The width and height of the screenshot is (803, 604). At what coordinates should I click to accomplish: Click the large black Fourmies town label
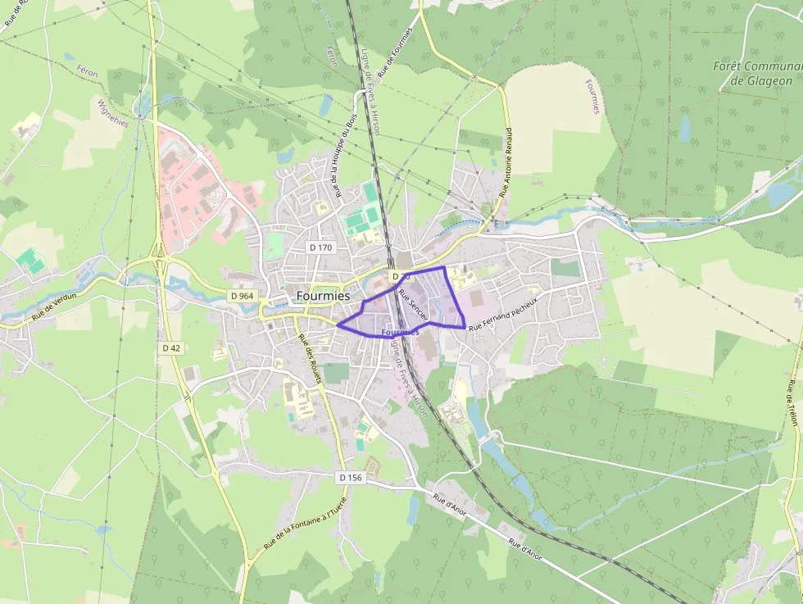(x=323, y=296)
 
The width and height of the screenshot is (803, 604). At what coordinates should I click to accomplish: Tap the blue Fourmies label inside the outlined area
(x=400, y=332)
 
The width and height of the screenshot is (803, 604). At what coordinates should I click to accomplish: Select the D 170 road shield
(x=321, y=247)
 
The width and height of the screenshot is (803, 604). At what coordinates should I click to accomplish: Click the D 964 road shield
(x=243, y=296)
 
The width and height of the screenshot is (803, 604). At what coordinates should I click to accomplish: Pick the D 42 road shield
(x=170, y=347)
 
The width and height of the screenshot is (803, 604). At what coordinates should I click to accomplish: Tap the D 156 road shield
(x=350, y=477)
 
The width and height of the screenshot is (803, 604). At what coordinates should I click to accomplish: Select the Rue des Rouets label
(x=310, y=361)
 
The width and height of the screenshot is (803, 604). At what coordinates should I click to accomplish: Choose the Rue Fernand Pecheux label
(x=504, y=314)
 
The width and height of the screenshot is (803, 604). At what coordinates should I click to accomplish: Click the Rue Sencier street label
(x=413, y=302)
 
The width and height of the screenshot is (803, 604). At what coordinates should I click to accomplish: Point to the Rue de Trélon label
(x=792, y=401)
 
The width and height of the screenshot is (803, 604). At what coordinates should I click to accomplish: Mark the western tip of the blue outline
(x=337, y=324)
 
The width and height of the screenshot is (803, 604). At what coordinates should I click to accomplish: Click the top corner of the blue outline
(x=443, y=266)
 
